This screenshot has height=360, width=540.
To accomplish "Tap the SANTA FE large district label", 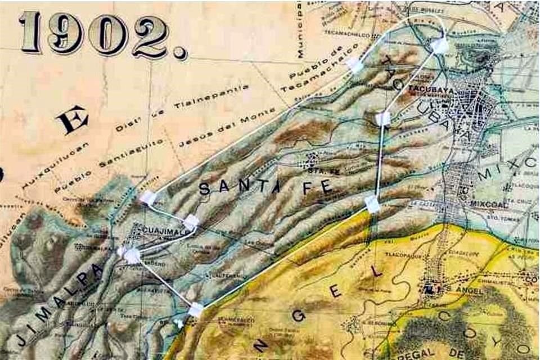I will tap(264, 188).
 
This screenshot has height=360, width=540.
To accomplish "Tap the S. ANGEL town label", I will tap(457, 289).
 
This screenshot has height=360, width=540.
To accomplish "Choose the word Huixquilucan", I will tap(49, 164).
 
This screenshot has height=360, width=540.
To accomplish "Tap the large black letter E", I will tap(73, 120).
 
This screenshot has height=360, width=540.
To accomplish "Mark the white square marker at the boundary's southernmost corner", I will tap(196, 309).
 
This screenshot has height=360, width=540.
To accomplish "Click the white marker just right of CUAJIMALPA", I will tap(191, 222).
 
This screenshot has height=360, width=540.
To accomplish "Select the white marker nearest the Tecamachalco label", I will tap(355, 65).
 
